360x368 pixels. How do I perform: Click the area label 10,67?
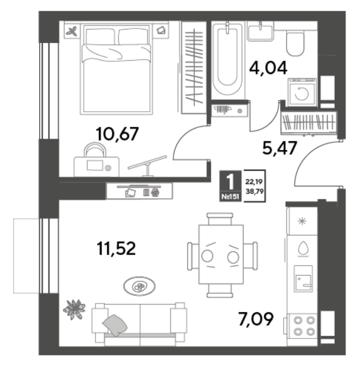coord(117,134)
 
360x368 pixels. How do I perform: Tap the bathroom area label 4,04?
coord(268,68)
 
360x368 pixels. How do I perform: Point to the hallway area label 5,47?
coord(280,148)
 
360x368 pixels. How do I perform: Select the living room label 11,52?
coord(116,248)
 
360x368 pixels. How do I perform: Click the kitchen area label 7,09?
coord(256,319)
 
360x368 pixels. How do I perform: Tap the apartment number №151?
coord(230,197)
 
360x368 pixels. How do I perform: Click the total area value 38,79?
coord(255,191)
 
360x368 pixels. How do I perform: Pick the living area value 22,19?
coord(254,182)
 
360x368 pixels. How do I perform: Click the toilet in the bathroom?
coord(295,44)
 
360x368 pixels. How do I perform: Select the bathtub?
coord(227,60)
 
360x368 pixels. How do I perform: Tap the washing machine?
coord(302,92)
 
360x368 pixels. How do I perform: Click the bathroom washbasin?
coord(260,31)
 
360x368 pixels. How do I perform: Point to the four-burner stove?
coord(304,326)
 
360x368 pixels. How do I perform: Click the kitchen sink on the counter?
coord(303,279)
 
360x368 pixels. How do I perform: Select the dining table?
coord(221,254)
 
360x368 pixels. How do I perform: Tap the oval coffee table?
coord(139,286)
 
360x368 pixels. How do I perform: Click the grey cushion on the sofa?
coord(115,325)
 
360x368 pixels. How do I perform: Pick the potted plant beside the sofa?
coord(74,309)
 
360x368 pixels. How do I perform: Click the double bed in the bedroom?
coord(116,70)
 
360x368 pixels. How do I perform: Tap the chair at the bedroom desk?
coord(95,149)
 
